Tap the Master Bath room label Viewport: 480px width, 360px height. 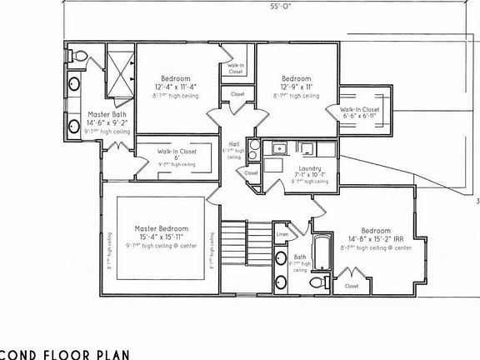click(x=107, y=115)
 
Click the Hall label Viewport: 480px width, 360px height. click(x=233, y=143)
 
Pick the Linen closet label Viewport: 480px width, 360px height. click(x=282, y=236)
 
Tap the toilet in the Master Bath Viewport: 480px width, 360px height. click(x=79, y=56)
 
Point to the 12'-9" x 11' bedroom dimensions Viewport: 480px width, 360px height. click(x=296, y=86)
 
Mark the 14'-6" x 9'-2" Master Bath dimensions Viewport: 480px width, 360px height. click(x=107, y=123)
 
